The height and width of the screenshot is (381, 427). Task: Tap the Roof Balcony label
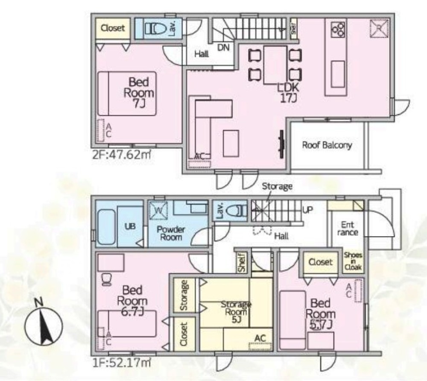[327, 145]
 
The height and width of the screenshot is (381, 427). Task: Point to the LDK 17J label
[288, 93]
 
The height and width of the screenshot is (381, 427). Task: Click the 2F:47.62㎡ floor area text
[121, 155]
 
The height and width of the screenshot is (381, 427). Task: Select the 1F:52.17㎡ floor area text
[121, 363]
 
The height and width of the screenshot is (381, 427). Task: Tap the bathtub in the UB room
[106, 227]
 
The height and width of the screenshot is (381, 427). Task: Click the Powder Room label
[171, 233]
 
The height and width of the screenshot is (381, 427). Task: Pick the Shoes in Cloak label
[353, 261]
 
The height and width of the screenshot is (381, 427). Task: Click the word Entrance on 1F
[347, 229]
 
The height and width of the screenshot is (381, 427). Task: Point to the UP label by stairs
[307, 210]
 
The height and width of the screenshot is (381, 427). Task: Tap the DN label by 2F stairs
[223, 48]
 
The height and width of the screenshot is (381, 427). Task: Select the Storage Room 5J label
[236, 312]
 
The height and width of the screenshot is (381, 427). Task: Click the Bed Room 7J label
[139, 93]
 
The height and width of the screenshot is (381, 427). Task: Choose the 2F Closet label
[113, 28]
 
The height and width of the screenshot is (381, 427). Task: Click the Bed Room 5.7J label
[320, 314]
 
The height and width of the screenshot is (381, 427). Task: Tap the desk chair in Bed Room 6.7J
[106, 279]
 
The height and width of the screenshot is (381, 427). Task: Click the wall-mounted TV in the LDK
[281, 144]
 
